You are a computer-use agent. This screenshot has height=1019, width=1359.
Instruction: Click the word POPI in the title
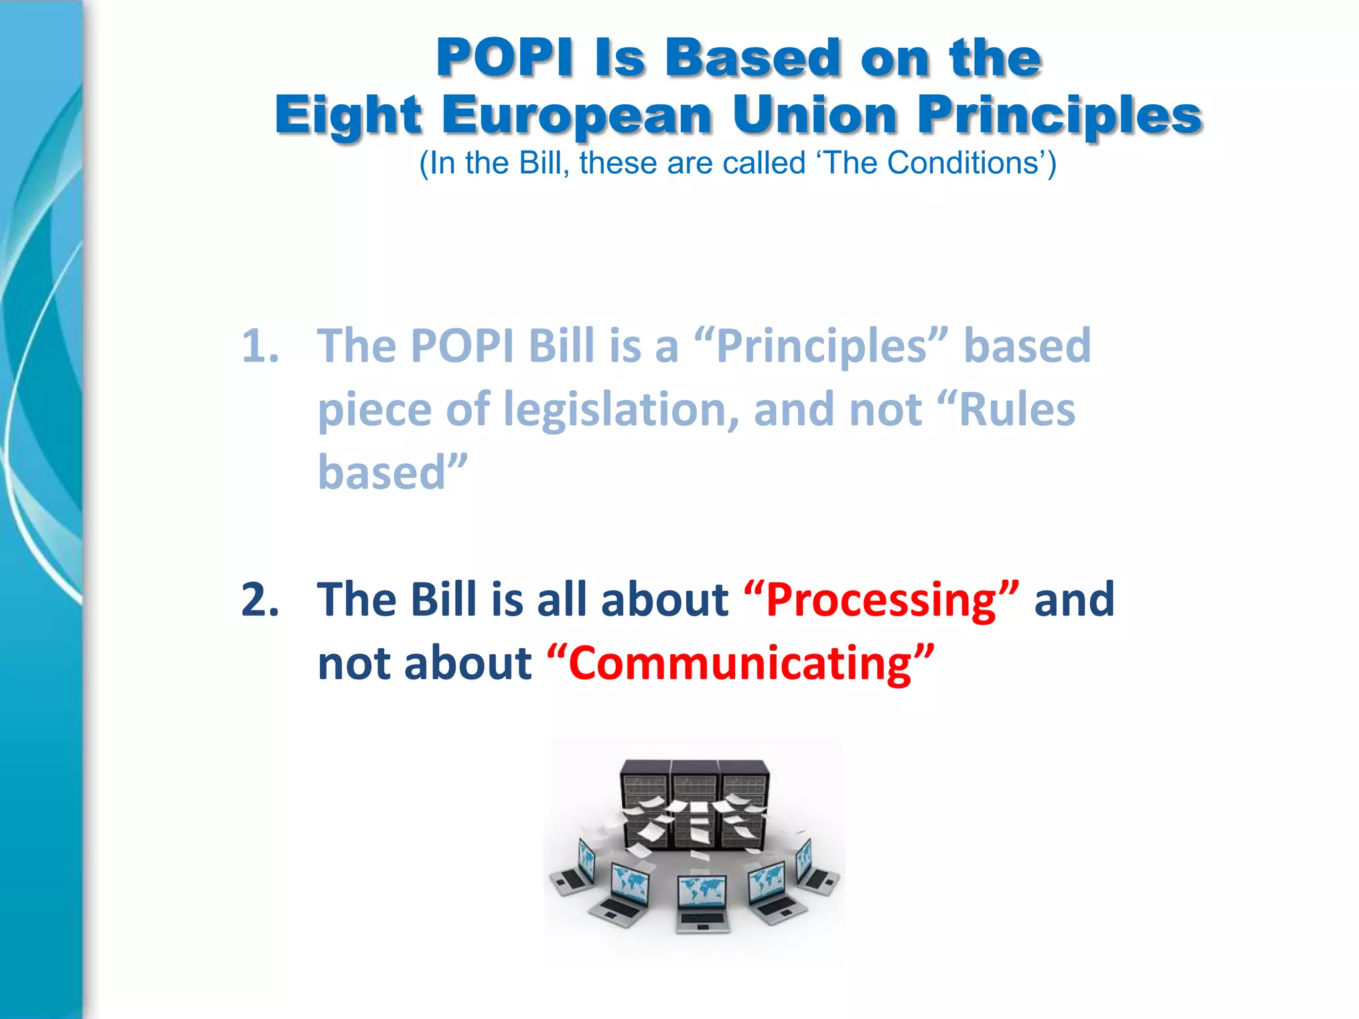click(x=504, y=58)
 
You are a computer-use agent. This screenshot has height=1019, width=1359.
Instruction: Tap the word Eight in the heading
click(x=348, y=116)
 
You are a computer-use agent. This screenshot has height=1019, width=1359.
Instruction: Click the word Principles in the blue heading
click(x=1060, y=116)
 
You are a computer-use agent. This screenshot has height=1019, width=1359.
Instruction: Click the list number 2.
click(x=260, y=599)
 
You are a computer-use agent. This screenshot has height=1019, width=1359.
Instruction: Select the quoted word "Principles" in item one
click(x=821, y=347)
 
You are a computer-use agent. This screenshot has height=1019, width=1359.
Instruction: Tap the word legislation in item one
click(x=621, y=409)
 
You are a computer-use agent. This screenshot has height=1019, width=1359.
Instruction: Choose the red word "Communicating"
click(x=741, y=663)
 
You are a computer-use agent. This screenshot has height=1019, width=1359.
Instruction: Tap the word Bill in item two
click(x=443, y=599)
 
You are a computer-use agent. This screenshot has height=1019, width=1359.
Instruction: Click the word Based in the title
click(x=752, y=58)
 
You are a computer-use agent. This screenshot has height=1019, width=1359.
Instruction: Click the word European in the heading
click(x=577, y=116)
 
